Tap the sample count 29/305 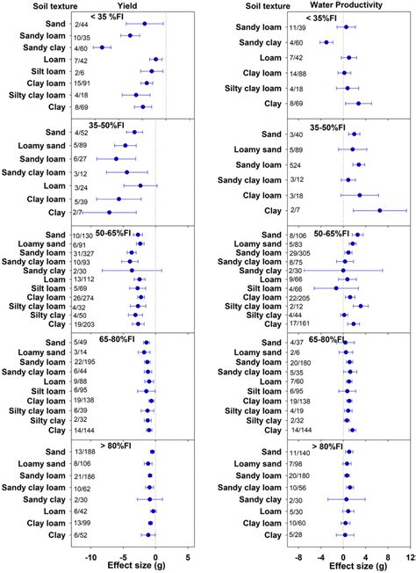pyautogui.click(x=300, y=252)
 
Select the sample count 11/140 pyautogui.click(x=300, y=452)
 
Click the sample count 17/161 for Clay pyautogui.click(x=300, y=323)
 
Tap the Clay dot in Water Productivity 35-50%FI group pyautogui.click(x=379, y=210)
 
